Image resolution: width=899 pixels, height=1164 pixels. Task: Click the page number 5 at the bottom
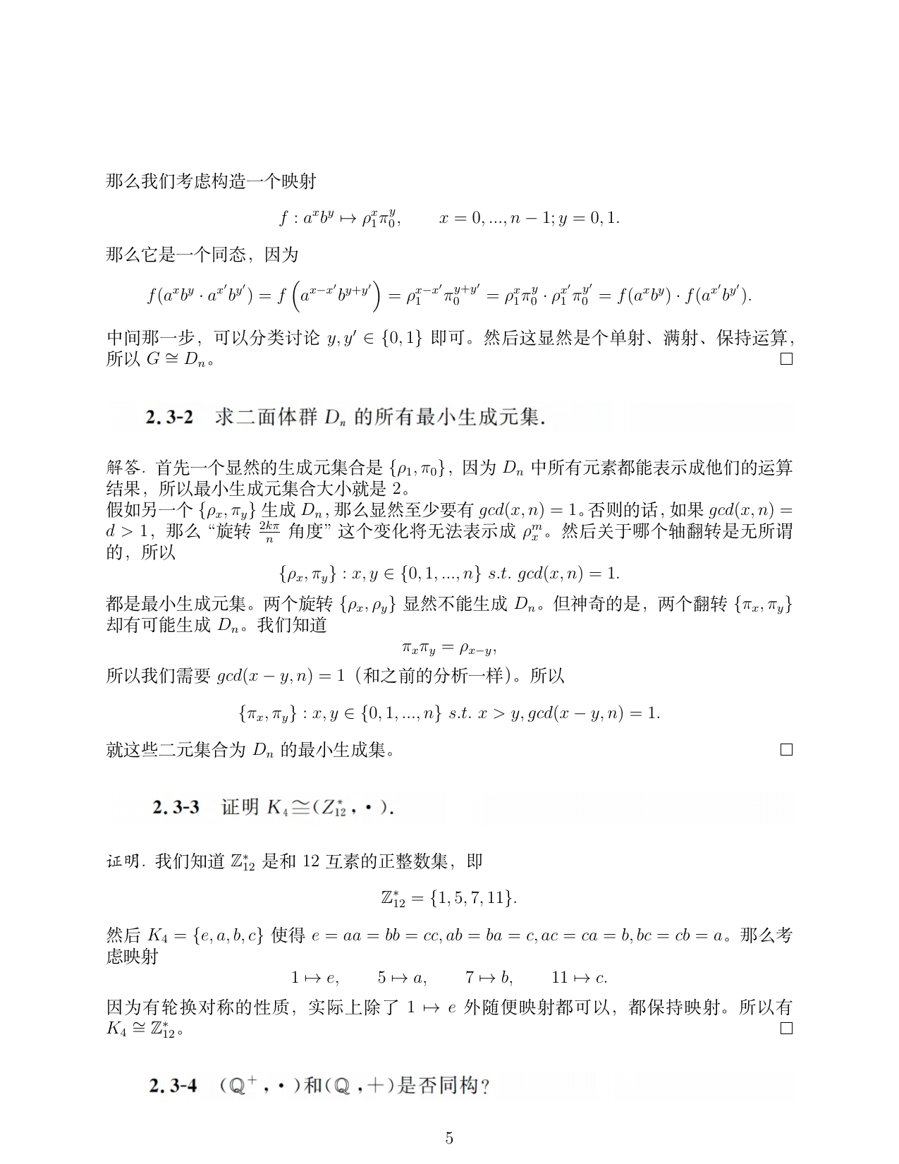tap(449, 1138)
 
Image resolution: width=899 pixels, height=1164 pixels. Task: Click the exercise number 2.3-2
tap(169, 417)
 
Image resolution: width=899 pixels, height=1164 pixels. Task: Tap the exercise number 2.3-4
tap(173, 1086)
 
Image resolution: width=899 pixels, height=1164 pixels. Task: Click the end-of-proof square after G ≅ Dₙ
tap(787, 359)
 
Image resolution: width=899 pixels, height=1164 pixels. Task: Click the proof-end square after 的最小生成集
tap(787, 750)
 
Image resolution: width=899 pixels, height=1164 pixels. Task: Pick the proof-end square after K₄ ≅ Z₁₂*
tap(787, 1028)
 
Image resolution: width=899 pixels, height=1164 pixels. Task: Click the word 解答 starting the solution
tap(123, 468)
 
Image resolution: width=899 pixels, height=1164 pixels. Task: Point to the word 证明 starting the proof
tap(123, 861)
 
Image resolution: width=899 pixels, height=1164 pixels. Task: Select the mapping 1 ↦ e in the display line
tap(314, 978)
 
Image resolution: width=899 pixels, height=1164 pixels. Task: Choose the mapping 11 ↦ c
tap(579, 978)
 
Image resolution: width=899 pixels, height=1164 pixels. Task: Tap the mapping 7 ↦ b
tap(489, 978)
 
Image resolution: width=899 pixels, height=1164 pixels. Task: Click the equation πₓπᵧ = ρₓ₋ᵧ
tap(449, 647)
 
